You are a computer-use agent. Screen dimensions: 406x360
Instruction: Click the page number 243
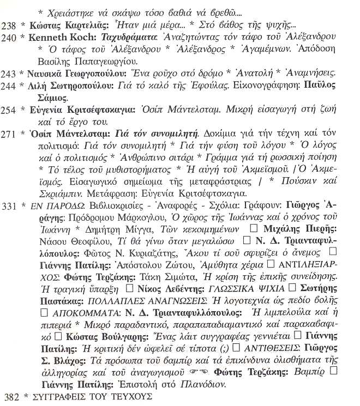point(10,73)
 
